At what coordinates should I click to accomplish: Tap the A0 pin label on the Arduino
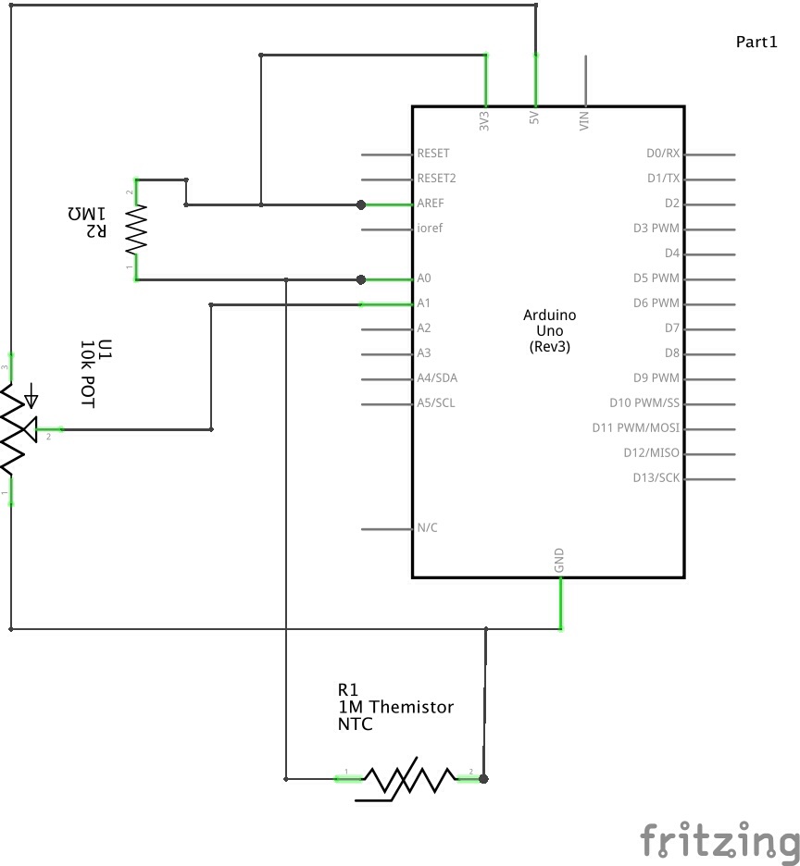click(425, 278)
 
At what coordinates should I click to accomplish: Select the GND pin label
click(559, 560)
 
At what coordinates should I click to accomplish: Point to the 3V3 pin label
click(484, 120)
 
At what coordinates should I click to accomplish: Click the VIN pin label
click(584, 120)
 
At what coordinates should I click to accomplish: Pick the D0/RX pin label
click(663, 154)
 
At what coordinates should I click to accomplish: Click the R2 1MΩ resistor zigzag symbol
click(137, 229)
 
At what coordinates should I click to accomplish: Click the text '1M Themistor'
click(395, 707)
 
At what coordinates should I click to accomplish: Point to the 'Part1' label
click(756, 42)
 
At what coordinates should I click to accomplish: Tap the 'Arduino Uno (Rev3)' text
click(549, 330)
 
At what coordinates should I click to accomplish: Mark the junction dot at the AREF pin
click(362, 204)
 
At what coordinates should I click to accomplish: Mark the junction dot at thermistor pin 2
click(483, 779)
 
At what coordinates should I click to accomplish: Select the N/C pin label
click(428, 528)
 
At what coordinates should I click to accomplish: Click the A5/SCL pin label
click(436, 403)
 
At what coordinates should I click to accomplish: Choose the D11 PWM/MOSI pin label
click(635, 428)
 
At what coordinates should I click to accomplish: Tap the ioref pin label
click(430, 229)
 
